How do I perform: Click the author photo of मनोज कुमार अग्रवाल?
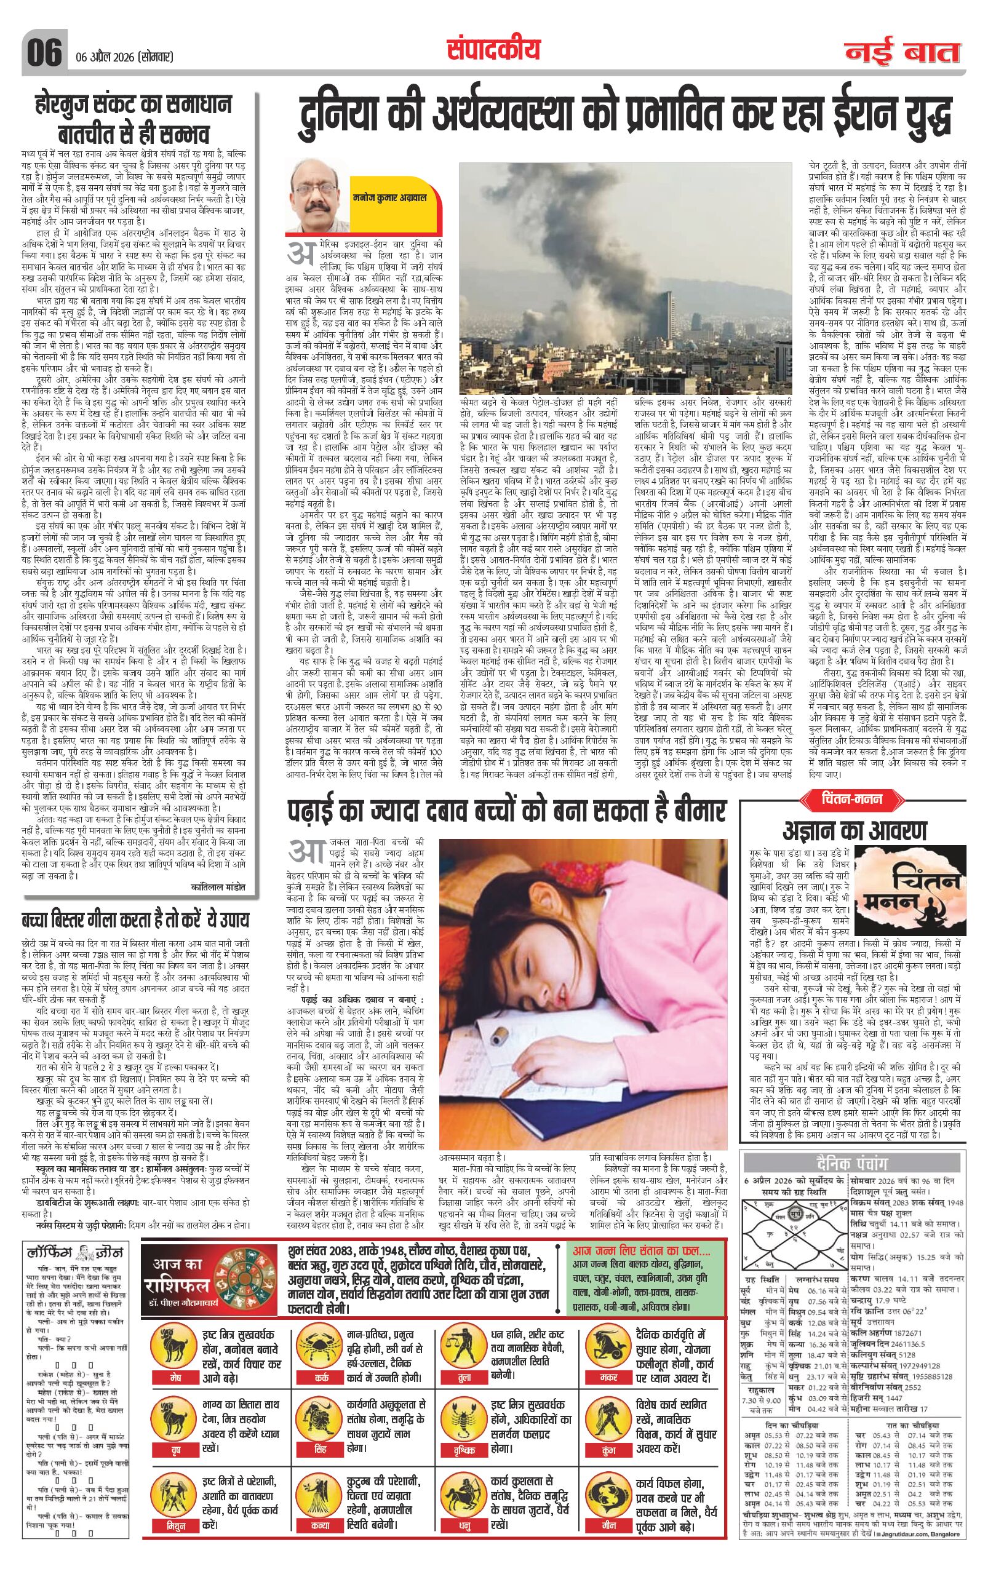pyautogui.click(x=317, y=195)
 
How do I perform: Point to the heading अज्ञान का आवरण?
pyautogui.click(x=854, y=832)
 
